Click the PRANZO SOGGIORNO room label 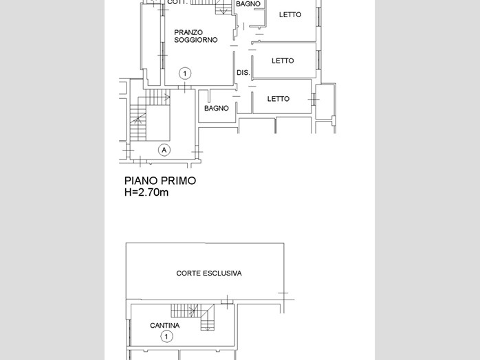click(196, 36)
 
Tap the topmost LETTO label click(290, 14)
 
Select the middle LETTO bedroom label click(283, 61)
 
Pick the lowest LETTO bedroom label click(279, 99)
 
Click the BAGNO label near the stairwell click(217, 109)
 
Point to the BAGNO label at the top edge click(248, 4)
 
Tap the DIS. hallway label click(243, 73)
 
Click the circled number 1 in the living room click(185, 74)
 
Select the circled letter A click(164, 150)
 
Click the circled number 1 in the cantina click(166, 337)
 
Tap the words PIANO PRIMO click(160, 181)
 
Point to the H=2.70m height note click(146, 192)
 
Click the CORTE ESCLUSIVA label click(209, 273)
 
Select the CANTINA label click(164, 326)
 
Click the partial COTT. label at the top click(177, 2)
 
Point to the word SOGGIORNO click(196, 40)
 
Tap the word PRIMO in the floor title click(179, 181)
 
